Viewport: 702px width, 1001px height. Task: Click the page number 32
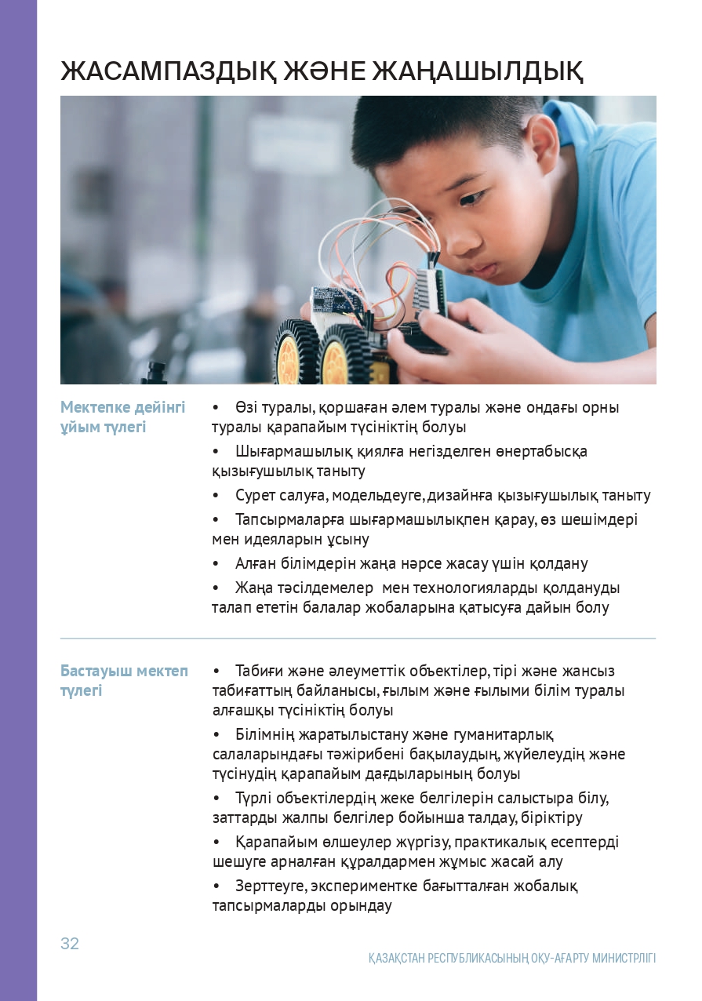click(x=70, y=944)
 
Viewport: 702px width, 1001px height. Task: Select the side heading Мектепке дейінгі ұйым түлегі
click(x=123, y=417)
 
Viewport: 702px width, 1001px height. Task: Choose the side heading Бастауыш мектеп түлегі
click(x=124, y=681)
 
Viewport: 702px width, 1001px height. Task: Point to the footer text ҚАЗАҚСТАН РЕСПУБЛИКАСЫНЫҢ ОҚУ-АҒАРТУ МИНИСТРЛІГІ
click(x=512, y=959)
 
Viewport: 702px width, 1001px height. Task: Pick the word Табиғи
click(x=256, y=672)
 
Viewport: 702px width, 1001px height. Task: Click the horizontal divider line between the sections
click(x=358, y=639)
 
